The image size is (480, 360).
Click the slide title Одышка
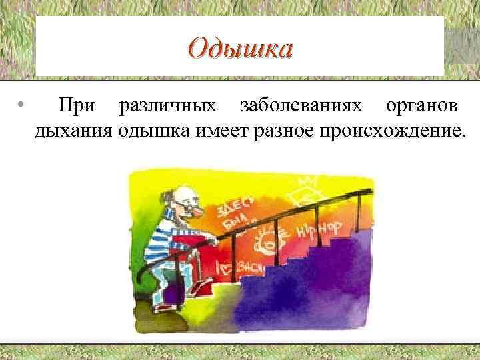coord(240,49)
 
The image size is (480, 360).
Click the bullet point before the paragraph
coord(22,106)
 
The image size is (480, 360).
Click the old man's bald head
coord(175,194)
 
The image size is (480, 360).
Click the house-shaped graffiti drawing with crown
coord(305,193)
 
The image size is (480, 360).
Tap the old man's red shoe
coord(200,287)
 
